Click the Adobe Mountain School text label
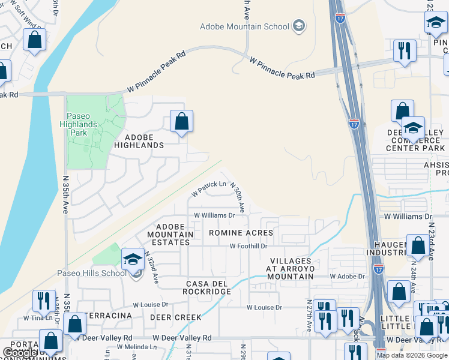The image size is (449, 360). pyautogui.click(x=245, y=26)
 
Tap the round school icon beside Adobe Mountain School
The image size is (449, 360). pyautogui.click(x=299, y=26)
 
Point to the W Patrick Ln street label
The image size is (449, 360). pyautogui.click(x=209, y=189)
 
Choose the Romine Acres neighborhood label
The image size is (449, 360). pyautogui.click(x=241, y=232)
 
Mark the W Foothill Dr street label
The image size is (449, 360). pyautogui.click(x=248, y=246)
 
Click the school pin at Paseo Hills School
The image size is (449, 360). pyautogui.click(x=133, y=260)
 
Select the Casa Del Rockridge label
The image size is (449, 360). pyautogui.click(x=200, y=287)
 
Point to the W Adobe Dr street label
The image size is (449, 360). pyautogui.click(x=348, y=277)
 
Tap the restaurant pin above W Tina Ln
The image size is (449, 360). pyautogui.click(x=43, y=301)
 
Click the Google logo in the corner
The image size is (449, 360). pyautogui.click(x=19, y=353)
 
